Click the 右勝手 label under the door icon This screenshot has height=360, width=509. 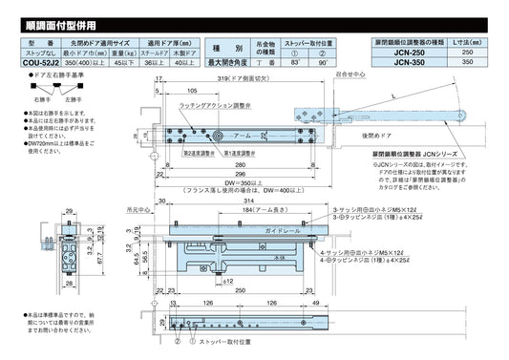[16, 96]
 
